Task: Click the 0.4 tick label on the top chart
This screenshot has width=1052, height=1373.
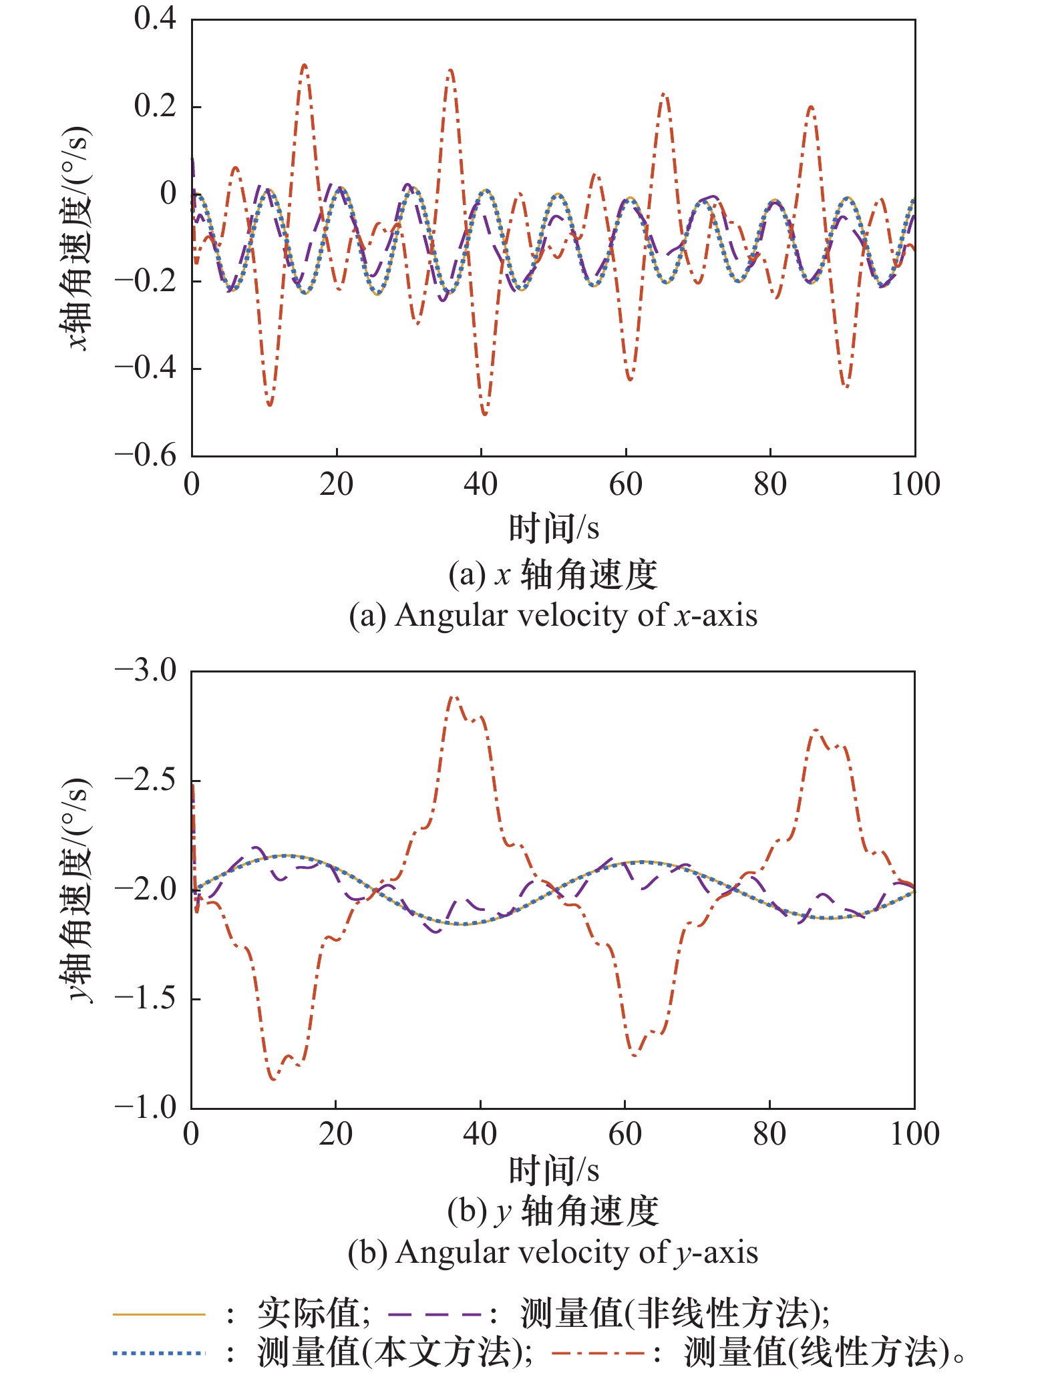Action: [x=155, y=19]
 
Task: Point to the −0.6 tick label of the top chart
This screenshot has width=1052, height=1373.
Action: [x=146, y=456]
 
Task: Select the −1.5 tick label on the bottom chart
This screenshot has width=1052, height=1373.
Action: [x=146, y=998]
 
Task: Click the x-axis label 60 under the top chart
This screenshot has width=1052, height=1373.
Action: [x=625, y=484]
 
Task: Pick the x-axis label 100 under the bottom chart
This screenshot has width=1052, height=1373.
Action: [x=914, y=1134]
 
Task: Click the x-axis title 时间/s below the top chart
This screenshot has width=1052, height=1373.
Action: [x=554, y=528]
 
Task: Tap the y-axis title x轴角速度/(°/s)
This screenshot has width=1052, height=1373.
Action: [x=75, y=237]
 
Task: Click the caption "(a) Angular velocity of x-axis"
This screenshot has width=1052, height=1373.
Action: [x=553, y=615]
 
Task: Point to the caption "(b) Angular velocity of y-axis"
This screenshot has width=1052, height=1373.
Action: [x=553, y=1252]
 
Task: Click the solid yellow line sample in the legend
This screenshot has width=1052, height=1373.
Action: [x=159, y=1314]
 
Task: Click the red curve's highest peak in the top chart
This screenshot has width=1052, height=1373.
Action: [x=305, y=65]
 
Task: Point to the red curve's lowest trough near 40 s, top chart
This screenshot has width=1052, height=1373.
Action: [x=484, y=415]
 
